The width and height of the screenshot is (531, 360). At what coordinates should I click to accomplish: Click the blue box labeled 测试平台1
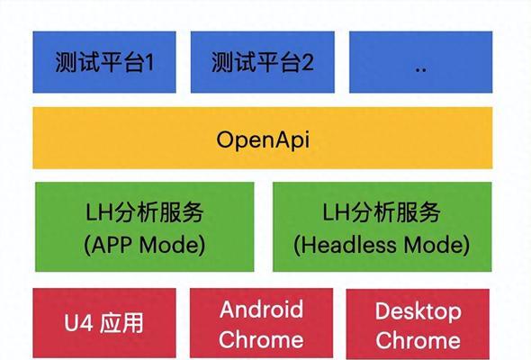(104, 62)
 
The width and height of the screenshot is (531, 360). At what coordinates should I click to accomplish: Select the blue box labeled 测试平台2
(263, 62)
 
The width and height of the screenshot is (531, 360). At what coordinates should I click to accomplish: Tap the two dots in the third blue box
(420, 70)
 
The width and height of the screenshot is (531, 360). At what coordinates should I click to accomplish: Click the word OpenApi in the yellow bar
(263, 139)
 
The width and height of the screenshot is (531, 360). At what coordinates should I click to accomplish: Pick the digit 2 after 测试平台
(308, 62)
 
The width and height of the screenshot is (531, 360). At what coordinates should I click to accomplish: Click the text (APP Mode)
(145, 245)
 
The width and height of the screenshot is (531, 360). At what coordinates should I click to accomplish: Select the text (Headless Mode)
(382, 245)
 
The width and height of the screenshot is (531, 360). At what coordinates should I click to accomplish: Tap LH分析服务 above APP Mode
(144, 212)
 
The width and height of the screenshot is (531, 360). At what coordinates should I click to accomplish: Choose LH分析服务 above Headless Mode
(382, 212)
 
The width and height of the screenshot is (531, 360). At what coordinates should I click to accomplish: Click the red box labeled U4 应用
(104, 323)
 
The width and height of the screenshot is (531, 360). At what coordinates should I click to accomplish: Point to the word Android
(261, 310)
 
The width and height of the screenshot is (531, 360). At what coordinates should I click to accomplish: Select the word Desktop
(418, 311)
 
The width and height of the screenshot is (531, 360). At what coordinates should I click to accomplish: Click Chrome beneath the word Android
(261, 339)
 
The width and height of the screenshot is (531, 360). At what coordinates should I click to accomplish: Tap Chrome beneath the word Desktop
(418, 340)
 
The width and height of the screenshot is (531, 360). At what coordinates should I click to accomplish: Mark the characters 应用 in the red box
(121, 323)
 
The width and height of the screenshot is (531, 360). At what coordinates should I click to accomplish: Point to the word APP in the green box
(112, 245)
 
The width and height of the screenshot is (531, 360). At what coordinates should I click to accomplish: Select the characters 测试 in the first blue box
(77, 62)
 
